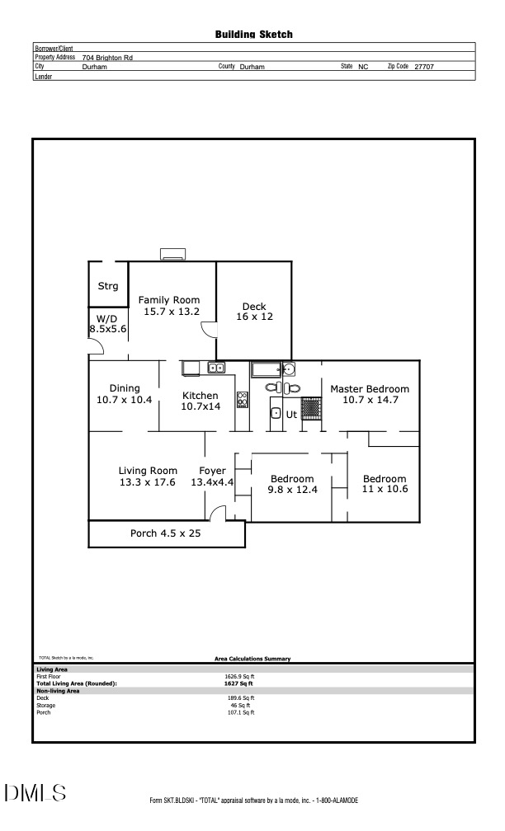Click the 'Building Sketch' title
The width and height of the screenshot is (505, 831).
253,35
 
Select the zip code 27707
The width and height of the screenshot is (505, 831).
424,67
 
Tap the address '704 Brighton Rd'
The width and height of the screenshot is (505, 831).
107,58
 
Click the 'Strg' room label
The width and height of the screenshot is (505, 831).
108,286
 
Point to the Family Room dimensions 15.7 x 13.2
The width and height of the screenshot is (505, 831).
168,312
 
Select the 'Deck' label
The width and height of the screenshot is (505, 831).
254,307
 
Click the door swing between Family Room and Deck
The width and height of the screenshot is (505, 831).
209,329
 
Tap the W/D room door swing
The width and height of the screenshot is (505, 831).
95,347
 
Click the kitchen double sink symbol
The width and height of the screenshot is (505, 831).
216,368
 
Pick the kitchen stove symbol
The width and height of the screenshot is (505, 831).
243,400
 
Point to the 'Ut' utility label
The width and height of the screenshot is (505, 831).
291,415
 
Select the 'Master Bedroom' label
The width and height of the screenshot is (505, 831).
370,389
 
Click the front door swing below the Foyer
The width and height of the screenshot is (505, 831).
218,514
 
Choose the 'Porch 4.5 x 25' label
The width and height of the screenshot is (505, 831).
165,533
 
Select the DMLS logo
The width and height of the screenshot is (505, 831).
35,793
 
